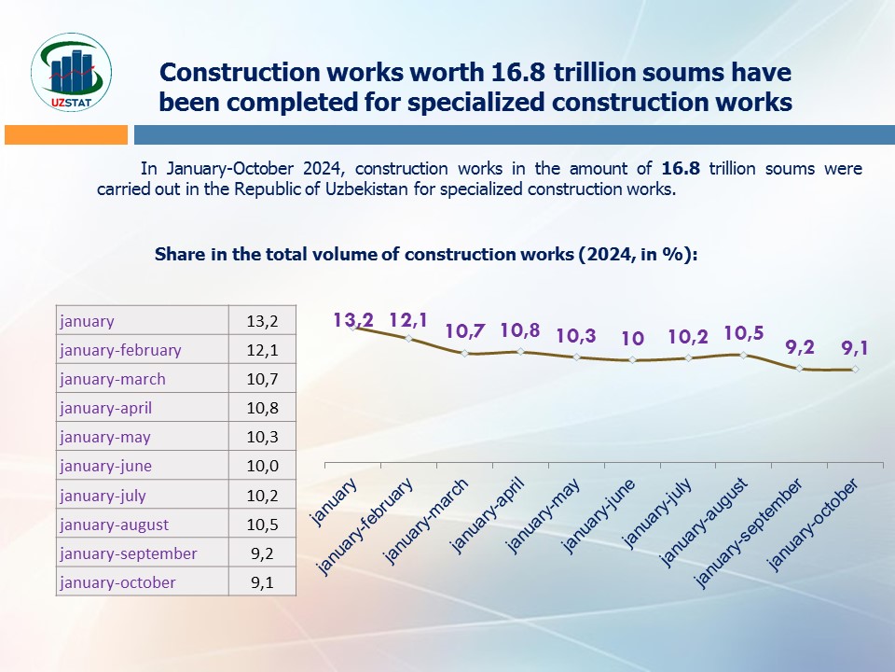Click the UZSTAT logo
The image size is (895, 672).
pos(72,72)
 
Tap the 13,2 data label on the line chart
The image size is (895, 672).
pos(353,320)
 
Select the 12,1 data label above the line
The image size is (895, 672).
pos(408,320)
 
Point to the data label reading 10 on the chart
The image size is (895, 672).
pos(632,338)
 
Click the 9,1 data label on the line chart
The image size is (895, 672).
pos(855,348)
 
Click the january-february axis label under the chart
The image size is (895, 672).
pos(366,527)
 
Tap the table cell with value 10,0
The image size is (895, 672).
pos(263,466)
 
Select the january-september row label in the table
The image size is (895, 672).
pos(128,553)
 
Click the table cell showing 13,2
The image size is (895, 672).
pos(263,321)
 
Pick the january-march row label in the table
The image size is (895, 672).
pos(112,379)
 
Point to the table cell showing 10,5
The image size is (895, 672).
pos(263,525)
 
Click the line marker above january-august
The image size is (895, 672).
pos(743,355)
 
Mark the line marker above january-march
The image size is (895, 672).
pos(464,353)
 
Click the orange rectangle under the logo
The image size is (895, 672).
pos(65,135)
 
